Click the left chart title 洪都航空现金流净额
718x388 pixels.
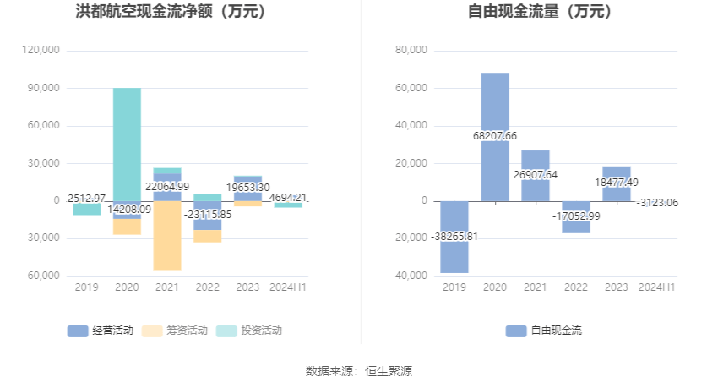(x=171, y=12)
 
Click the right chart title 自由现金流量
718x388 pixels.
(x=541, y=12)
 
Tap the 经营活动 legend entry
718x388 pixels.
(x=101, y=331)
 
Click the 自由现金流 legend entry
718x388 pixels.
(x=544, y=331)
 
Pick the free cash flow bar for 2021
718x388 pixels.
(x=536, y=161)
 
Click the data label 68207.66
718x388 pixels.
(x=495, y=135)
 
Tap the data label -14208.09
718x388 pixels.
(x=127, y=209)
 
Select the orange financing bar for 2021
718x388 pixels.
(x=167, y=241)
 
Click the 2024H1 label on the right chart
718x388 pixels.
(x=656, y=287)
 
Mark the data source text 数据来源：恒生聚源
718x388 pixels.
(x=358, y=371)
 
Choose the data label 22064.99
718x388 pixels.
(x=167, y=187)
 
